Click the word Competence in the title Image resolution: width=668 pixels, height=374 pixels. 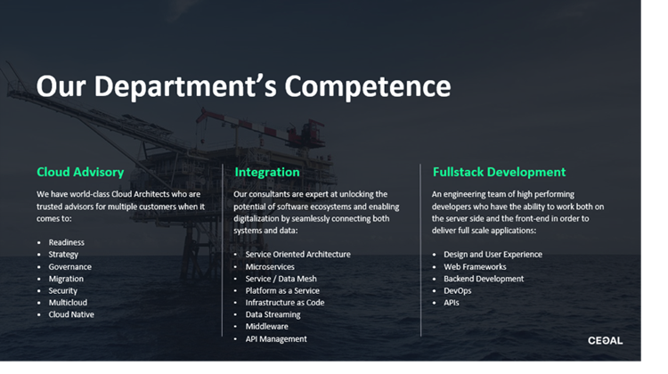(x=368, y=87)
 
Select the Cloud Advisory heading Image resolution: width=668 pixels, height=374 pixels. (x=80, y=172)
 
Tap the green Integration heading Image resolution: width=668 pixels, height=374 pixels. (x=267, y=172)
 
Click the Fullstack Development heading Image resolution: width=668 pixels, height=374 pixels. (x=500, y=172)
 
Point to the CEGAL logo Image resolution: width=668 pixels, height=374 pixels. (x=606, y=340)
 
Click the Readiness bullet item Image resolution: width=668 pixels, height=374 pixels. (x=67, y=242)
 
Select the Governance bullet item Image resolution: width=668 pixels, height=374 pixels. (x=69, y=266)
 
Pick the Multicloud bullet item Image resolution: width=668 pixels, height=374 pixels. (x=68, y=303)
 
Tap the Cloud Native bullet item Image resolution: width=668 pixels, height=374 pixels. (x=71, y=314)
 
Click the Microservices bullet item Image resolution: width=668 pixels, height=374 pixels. (x=270, y=266)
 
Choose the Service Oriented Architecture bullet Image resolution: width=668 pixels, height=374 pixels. (x=297, y=255)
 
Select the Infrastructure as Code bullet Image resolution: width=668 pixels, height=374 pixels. (x=285, y=303)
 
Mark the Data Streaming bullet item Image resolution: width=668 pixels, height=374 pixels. (x=273, y=315)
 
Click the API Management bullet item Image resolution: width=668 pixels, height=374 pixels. (x=276, y=339)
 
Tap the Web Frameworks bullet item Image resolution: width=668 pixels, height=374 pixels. (x=475, y=266)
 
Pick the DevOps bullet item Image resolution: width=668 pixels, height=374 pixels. (x=458, y=291)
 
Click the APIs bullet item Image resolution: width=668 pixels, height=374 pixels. (x=452, y=303)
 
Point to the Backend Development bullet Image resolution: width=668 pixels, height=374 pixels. (x=484, y=279)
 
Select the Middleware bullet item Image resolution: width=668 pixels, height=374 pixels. (x=266, y=326)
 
